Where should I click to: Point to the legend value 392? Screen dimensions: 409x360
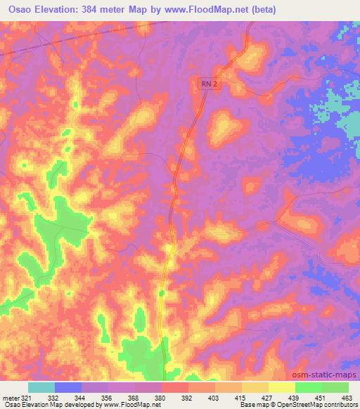coord(176,397)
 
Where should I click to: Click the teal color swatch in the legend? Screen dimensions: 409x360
coord(41,387)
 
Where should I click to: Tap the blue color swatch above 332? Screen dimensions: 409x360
coord(68,387)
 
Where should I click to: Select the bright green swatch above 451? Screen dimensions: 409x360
coord(309,387)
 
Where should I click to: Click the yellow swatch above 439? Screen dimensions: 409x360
coord(282,387)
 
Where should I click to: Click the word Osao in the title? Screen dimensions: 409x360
coord(22,10)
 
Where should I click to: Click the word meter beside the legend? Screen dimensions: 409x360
coord(11,397)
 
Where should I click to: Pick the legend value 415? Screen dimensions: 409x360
coord(229,397)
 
